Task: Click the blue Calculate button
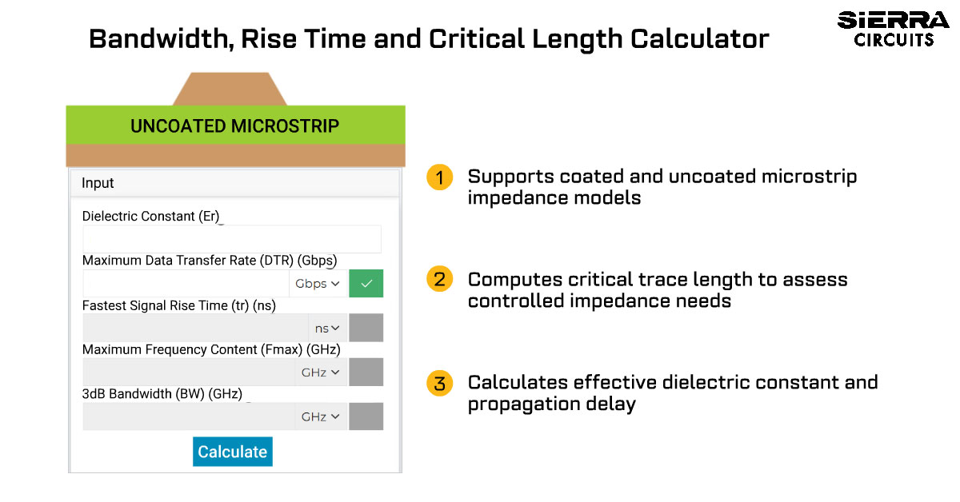232,452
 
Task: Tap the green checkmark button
366,283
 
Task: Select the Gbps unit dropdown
318,283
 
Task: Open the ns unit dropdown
327,328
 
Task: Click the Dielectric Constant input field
232,239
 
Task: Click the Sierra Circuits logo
893,29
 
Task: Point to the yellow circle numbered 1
440,177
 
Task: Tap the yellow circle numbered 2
440,279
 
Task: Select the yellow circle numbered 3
440,383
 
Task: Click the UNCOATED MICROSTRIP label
235,126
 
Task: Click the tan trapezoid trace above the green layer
230,89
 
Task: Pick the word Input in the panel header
98,183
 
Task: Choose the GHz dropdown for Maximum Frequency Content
321,373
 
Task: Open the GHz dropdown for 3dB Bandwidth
321,416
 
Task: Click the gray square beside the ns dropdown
366,328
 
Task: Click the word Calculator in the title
699,38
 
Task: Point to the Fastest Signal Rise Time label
178,305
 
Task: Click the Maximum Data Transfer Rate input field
186,283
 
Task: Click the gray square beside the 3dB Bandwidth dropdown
366,416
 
